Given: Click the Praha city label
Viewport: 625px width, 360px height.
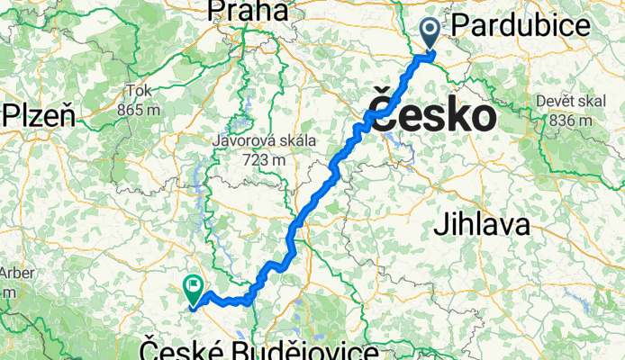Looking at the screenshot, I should click(248, 11).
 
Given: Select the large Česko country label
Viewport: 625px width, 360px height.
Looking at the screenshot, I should click(431, 115).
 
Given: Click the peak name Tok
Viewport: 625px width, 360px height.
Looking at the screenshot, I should click(140, 91).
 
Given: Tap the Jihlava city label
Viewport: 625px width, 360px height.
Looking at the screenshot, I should click(479, 225).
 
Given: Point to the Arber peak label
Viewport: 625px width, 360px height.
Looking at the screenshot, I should click(15, 271).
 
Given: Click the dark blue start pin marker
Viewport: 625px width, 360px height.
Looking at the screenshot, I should click(430, 33).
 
